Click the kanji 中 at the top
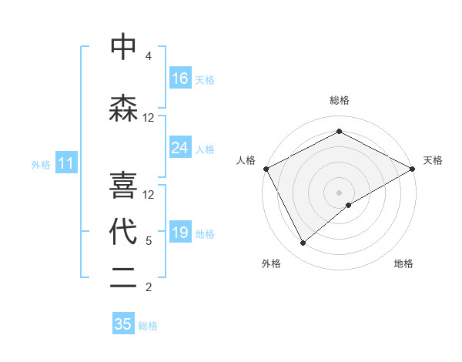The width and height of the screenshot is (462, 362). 123,48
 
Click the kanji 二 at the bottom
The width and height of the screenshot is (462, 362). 123,279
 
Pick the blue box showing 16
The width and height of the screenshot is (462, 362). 180,79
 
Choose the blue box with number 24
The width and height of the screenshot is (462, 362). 180,148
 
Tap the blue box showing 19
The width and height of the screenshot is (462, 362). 180,233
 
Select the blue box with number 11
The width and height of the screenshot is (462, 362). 66,163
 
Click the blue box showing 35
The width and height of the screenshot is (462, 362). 123,324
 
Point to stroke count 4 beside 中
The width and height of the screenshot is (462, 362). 149,56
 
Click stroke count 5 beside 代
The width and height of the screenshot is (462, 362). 149,241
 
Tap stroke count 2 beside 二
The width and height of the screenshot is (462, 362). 149,287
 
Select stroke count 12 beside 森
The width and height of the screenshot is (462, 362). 149,118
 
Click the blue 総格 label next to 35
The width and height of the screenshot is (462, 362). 148,326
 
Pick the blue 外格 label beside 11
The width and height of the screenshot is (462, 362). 41,164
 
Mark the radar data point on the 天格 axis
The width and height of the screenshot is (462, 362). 413,169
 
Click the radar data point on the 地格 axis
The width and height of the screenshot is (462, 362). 349,205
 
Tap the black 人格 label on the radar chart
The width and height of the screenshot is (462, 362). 246,160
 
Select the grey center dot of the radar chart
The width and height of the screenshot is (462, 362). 339,192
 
